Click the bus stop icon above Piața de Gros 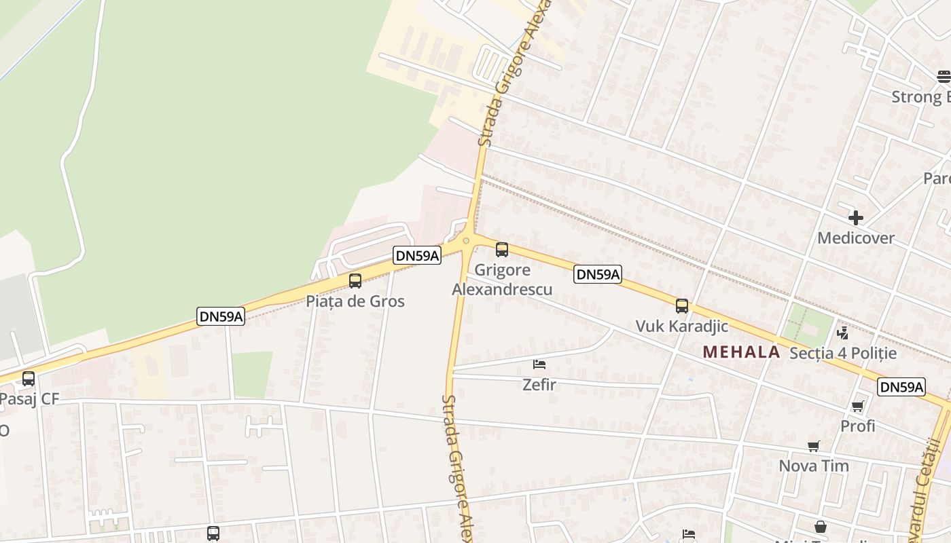coord(355,281)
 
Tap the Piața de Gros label coord(355,301)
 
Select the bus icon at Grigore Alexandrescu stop coord(502,250)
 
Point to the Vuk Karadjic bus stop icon coord(682,306)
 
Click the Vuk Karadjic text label coord(682,326)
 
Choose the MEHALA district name coord(741,352)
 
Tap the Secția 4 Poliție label coord(843,353)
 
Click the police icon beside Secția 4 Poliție coord(843,333)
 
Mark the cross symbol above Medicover coord(856,218)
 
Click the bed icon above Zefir coord(539,364)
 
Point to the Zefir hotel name coord(539,385)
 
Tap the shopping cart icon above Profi coord(858,406)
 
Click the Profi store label coord(858,426)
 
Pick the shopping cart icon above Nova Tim coord(814,446)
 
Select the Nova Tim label coord(814,466)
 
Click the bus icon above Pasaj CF coord(29,379)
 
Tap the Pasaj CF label coord(30,399)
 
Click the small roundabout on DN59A coord(466,240)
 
